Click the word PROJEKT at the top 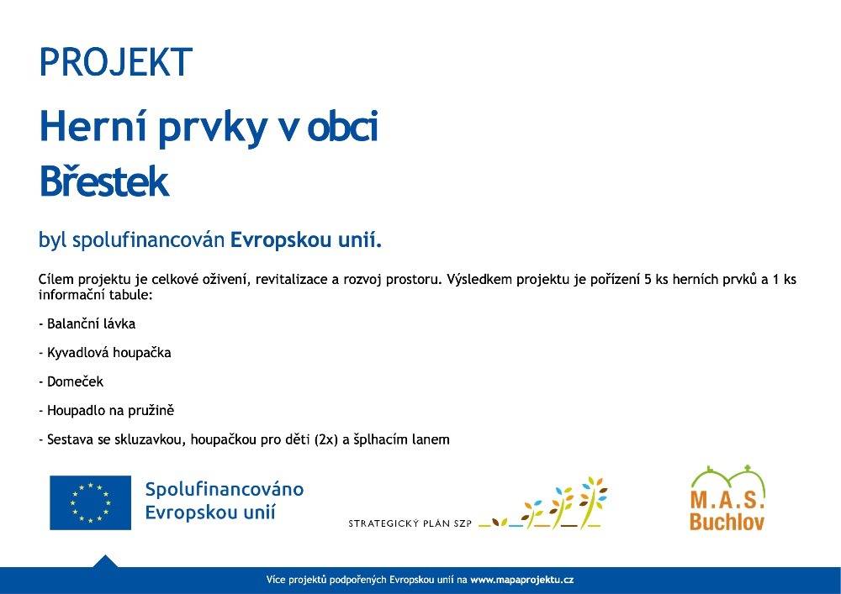[116, 61]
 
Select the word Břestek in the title [104, 181]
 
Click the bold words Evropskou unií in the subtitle [306, 240]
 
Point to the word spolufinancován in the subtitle [148, 240]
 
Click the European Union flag [90, 502]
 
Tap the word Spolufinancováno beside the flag [225, 490]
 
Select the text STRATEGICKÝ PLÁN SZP [410, 523]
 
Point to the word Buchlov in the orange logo [727, 522]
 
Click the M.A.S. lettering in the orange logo [727, 500]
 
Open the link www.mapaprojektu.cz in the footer [522, 580]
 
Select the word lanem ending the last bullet [431, 439]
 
